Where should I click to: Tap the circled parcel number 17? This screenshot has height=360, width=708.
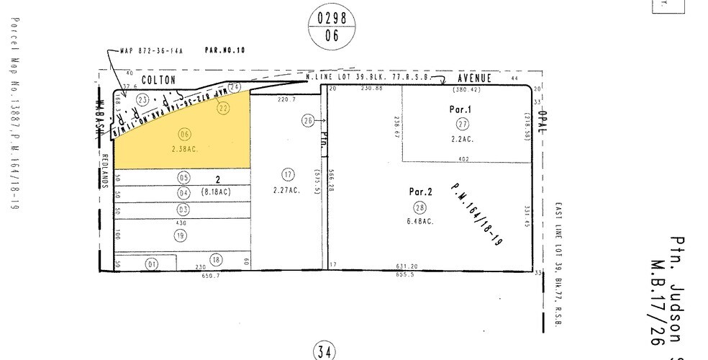click(x=289, y=174)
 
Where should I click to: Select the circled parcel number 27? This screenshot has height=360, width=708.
click(x=462, y=124)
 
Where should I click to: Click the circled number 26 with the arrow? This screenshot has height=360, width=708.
click(x=308, y=122)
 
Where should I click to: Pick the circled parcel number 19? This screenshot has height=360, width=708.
click(x=180, y=235)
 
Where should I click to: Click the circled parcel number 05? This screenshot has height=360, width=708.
click(x=183, y=177)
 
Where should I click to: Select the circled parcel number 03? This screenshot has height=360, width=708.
click(x=183, y=210)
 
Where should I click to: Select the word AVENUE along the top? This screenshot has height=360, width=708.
click(x=476, y=77)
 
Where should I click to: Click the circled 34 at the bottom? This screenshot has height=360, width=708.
click(x=323, y=351)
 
